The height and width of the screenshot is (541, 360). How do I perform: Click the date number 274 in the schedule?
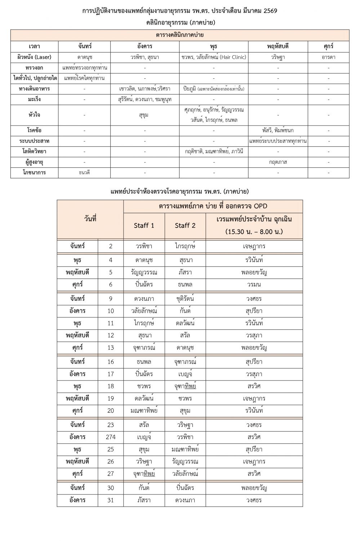(x=111, y=437)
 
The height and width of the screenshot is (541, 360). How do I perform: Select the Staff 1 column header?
(x=144, y=225)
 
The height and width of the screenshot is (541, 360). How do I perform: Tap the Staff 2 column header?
(x=185, y=225)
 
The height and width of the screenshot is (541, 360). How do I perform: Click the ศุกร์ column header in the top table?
(x=328, y=47)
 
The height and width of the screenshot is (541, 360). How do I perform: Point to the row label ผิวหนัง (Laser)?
(x=34, y=57)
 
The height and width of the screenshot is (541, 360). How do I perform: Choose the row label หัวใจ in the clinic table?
(x=34, y=115)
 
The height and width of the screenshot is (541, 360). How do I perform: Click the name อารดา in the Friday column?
(x=328, y=57)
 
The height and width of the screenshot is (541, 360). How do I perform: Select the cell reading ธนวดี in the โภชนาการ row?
(x=84, y=172)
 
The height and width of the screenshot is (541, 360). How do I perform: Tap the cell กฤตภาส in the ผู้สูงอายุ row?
(x=278, y=162)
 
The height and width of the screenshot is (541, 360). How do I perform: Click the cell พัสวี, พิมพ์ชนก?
(x=278, y=130)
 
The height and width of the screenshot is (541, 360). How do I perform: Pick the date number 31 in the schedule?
(x=111, y=500)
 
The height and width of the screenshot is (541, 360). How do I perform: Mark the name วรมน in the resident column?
(x=254, y=284)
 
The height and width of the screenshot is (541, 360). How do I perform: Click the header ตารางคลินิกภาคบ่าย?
(x=180, y=35)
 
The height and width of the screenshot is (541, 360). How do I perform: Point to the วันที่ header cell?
(x=90, y=219)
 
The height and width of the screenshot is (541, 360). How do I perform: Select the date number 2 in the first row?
(x=111, y=246)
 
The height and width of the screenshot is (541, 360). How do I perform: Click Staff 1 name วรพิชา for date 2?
(x=144, y=246)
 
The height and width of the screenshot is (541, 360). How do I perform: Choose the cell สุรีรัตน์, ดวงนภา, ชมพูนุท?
(x=145, y=99)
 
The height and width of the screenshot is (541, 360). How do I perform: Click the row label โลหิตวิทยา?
(x=34, y=151)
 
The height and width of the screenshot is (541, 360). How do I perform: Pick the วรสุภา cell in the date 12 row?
(x=254, y=335)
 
